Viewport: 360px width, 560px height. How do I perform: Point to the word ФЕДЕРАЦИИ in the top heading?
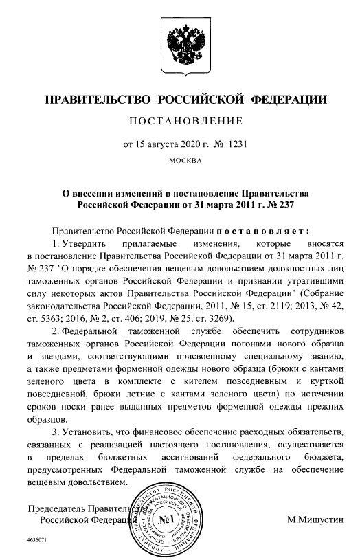coord(291,99)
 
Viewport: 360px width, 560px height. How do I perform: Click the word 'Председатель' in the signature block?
coord(56,508)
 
